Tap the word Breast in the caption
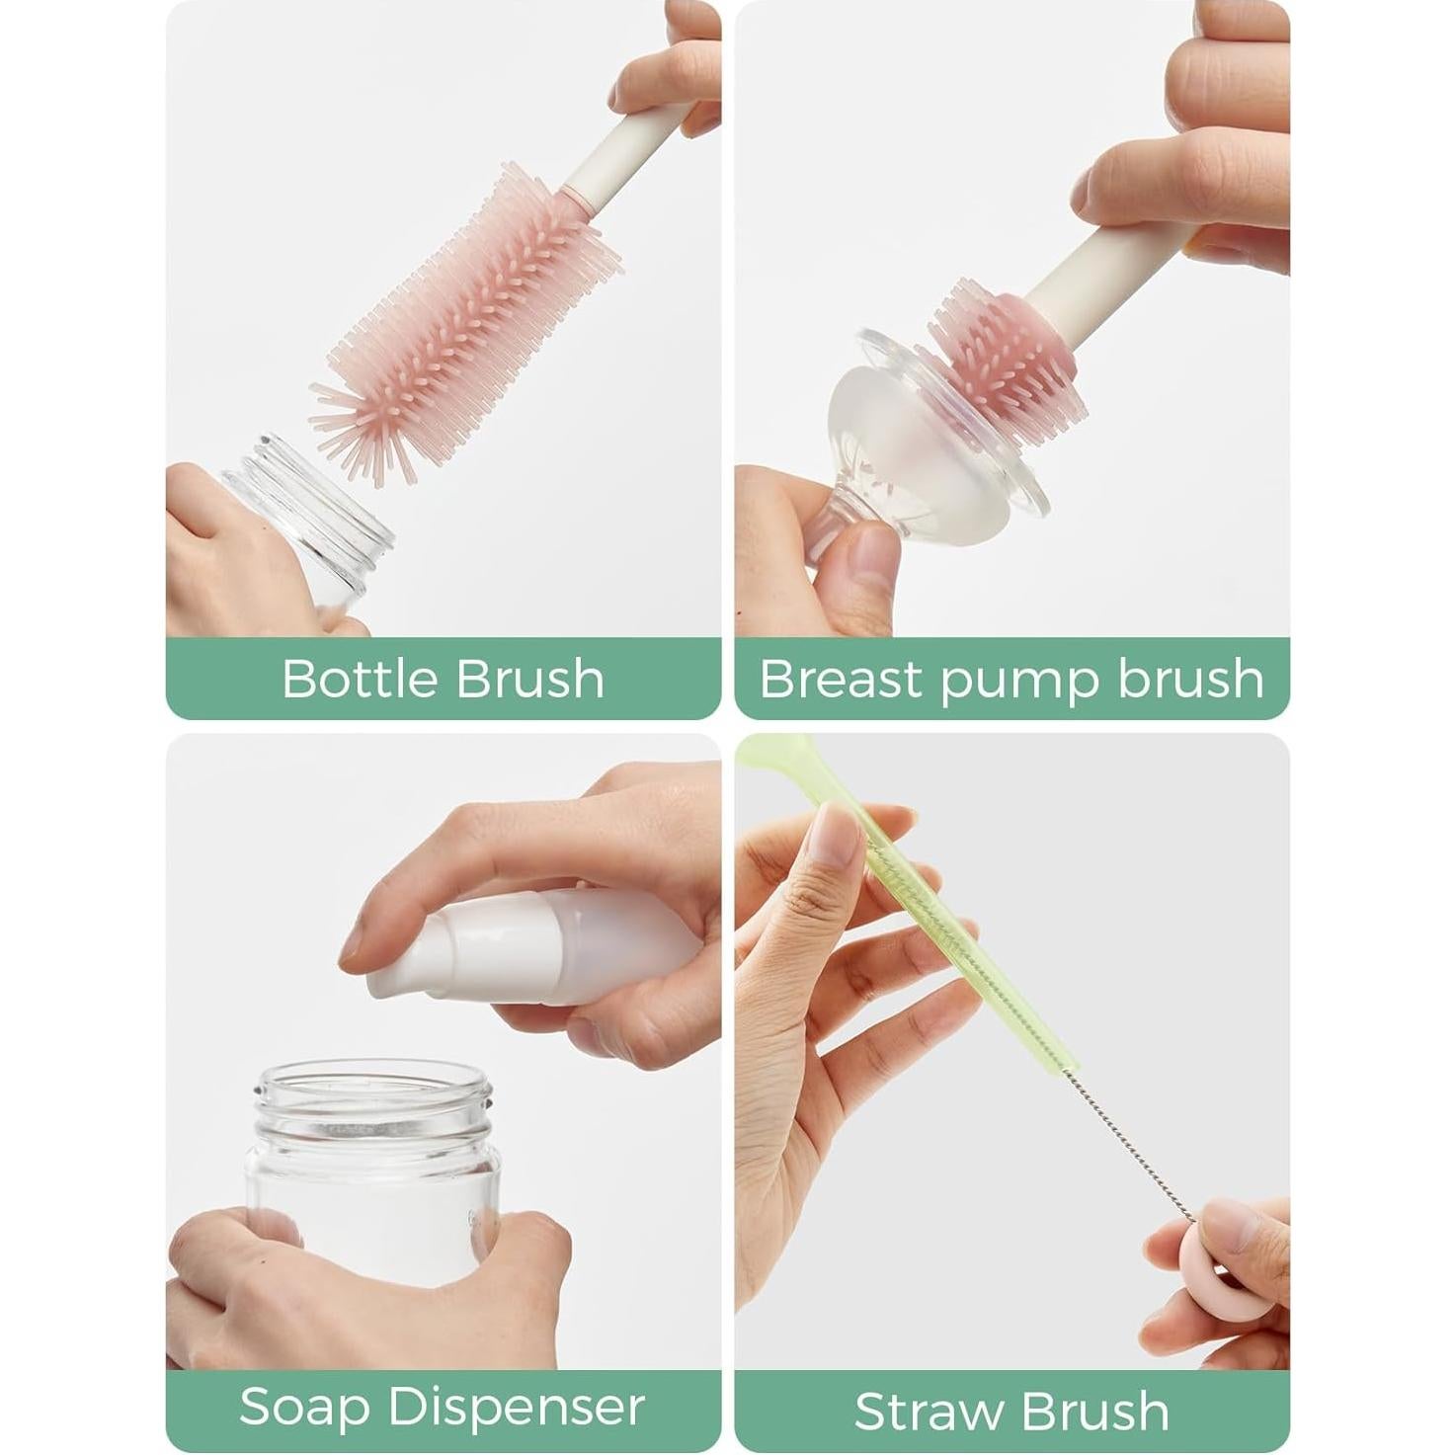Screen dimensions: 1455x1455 click(842, 679)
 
